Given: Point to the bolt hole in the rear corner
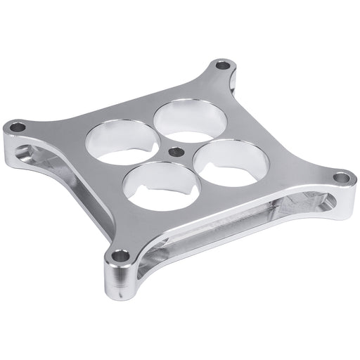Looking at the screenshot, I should click(x=222, y=67).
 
